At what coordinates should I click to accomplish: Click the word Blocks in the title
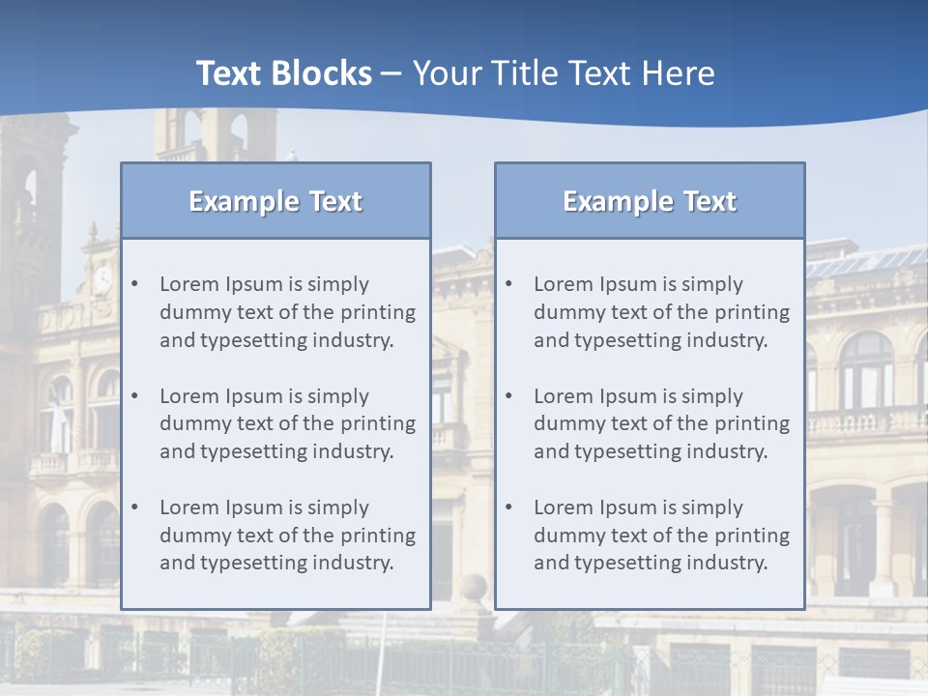325,73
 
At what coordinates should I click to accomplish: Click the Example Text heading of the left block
275,201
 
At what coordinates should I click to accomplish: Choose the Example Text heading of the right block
650,201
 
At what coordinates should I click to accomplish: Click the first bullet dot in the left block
135,284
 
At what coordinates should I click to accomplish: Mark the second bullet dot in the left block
135,396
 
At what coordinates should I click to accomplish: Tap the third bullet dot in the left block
135,507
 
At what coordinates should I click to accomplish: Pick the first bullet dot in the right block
509,284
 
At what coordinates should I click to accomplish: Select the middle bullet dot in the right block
509,396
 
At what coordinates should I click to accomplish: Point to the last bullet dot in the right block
509,507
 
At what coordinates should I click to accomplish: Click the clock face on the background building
102,280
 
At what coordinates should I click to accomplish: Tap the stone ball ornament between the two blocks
473,587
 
